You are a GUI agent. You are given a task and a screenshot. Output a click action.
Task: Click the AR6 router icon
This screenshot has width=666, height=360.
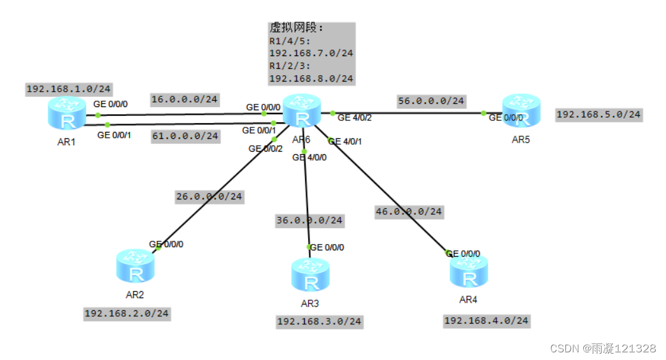point(301,112)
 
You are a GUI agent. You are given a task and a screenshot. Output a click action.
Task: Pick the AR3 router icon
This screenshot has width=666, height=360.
point(311,275)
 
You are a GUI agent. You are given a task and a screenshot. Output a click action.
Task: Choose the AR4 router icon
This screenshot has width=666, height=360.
point(469,271)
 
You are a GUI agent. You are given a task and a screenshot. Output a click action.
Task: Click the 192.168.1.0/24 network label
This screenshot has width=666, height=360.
point(68,89)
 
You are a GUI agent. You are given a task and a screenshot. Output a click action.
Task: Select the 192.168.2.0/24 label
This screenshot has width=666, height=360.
point(127,313)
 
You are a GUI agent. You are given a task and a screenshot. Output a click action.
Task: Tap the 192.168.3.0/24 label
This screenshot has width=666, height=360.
point(319,322)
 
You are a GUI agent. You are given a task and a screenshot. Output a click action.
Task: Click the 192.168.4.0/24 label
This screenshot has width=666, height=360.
point(486,321)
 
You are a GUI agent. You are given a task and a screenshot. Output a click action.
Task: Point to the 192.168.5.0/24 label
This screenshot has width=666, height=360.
point(599,115)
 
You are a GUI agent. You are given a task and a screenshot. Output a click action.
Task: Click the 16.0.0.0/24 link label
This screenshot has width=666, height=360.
point(185,99)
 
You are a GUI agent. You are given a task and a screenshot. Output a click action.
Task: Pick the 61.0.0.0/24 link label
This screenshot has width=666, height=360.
point(185,136)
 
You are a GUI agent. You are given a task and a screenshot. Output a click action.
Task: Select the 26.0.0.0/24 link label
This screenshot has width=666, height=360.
point(209,197)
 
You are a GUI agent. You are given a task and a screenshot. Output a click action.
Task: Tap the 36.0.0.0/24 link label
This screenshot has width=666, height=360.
point(309,220)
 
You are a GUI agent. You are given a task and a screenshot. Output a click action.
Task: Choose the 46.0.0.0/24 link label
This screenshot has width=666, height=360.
point(409,211)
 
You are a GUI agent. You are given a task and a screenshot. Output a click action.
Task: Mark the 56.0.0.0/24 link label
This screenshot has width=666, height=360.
point(431,101)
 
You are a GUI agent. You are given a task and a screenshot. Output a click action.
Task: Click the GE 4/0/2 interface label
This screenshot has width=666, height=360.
point(355,117)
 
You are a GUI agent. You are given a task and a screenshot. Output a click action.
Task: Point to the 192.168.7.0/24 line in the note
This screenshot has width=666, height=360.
point(311,54)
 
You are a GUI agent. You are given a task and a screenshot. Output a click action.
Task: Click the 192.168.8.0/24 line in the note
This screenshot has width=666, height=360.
point(311,79)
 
